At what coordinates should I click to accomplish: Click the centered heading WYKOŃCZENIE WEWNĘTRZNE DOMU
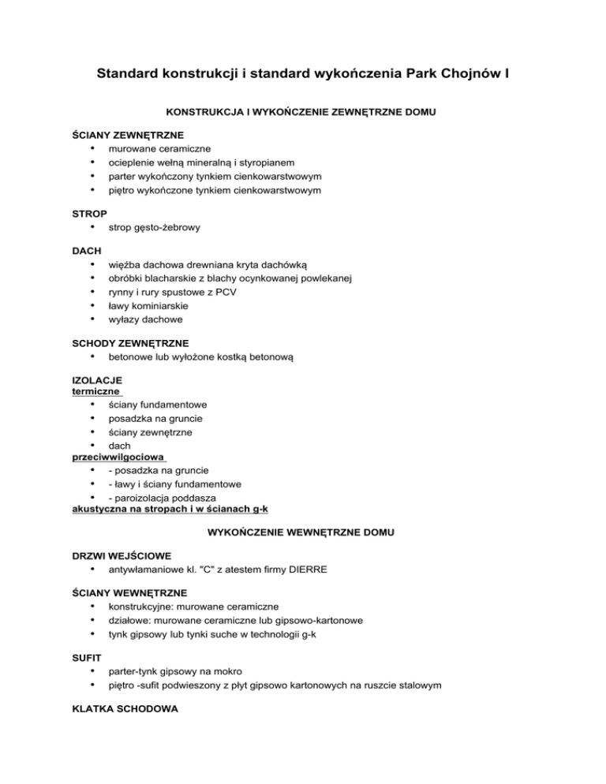303,533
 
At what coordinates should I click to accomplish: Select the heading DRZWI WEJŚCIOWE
122,556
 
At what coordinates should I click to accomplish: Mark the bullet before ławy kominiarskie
94,306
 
